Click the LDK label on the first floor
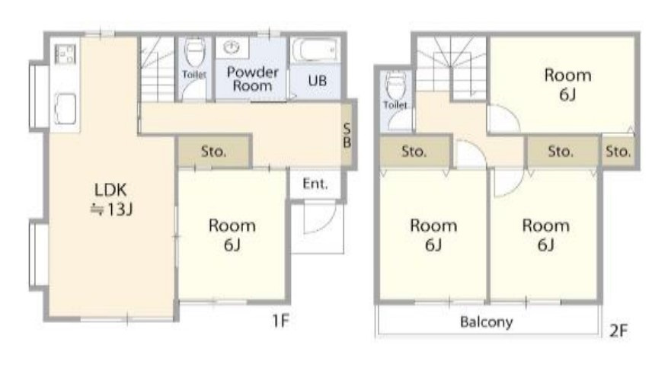[x=110, y=190]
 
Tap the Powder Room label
[x=252, y=78]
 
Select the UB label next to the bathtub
[x=318, y=81]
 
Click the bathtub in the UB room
[x=315, y=51]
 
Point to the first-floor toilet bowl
[x=195, y=53]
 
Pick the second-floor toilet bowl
[x=396, y=85]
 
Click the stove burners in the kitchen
[x=66, y=54]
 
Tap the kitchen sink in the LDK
[x=66, y=109]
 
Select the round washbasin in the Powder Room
[x=232, y=46]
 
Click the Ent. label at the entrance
[x=315, y=184]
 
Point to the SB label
[x=347, y=136]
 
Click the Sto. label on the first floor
[x=213, y=151]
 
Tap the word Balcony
[x=486, y=322]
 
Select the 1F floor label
[x=281, y=320]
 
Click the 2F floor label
[x=618, y=331]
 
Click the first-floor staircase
[x=157, y=69]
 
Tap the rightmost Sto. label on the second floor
[x=618, y=151]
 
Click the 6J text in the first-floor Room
[x=232, y=245]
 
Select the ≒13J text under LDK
[x=111, y=209]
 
